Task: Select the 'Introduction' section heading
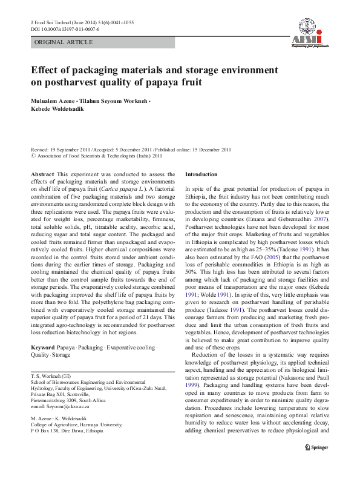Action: click(201, 174)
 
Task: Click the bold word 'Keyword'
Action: click(44, 348)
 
